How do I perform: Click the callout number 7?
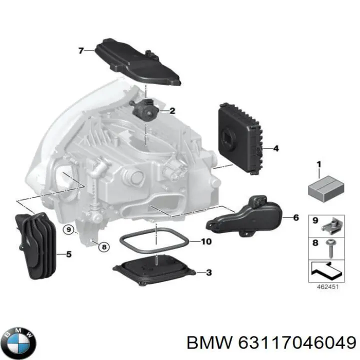tap(80, 50)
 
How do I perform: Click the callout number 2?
tap(172, 111)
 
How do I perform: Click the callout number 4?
tap(276, 148)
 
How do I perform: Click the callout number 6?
tap(295, 217)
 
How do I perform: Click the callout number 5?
tap(68, 254)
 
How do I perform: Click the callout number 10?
tap(206, 241)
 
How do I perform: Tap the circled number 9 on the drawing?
tap(68, 229)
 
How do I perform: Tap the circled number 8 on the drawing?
tap(103, 246)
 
